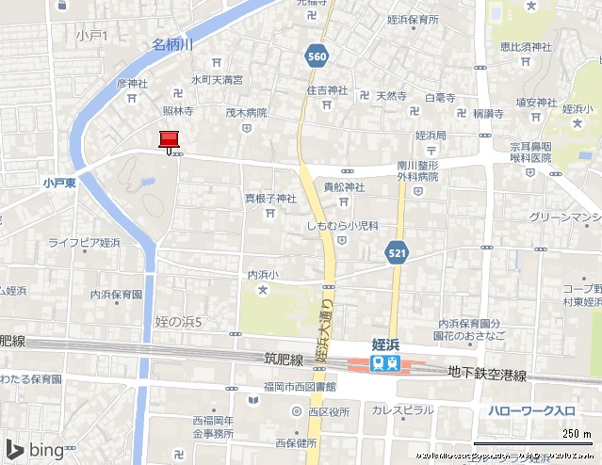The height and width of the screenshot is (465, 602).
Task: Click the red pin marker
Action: pos(170,140)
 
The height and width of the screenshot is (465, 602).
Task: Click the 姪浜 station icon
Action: pos(385,363)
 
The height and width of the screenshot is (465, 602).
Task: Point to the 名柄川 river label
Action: pos(172,44)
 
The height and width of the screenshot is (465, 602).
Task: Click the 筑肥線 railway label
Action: pos(284,360)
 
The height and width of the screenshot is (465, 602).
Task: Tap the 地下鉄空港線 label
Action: pos(487,375)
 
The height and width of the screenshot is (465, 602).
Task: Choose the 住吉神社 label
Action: pos(327,91)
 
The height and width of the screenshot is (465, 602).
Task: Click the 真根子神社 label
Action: pos(270,199)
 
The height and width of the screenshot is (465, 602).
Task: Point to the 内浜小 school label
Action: pos(263,275)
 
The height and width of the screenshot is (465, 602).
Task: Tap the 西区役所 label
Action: pos(329,411)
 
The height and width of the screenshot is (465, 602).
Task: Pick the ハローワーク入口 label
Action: pos(531,410)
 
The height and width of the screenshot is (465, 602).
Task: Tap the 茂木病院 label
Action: pos(245,113)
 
